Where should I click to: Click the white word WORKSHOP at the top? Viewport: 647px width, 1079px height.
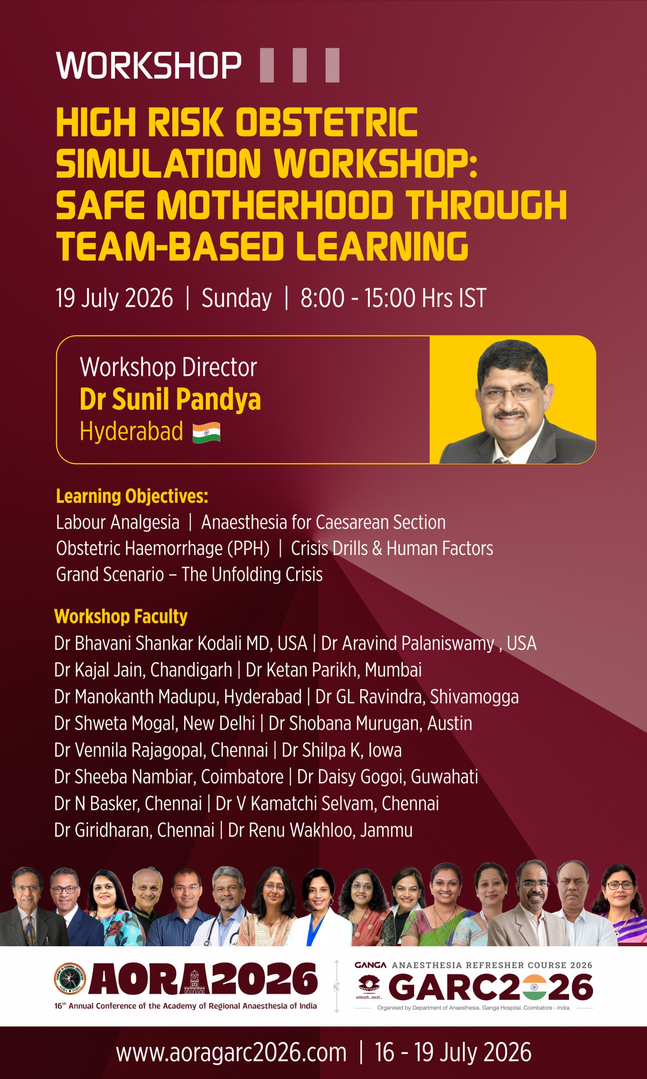pyautogui.click(x=149, y=65)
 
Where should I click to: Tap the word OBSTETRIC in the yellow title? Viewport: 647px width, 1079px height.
pyautogui.click(x=326, y=123)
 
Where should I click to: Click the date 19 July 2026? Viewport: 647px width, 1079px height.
pyautogui.click(x=114, y=298)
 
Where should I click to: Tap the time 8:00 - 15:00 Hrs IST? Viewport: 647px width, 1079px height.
pyautogui.click(x=393, y=298)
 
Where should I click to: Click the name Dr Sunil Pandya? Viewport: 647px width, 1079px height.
pyautogui.click(x=170, y=400)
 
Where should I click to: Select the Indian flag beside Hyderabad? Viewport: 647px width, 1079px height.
pyautogui.click(x=206, y=432)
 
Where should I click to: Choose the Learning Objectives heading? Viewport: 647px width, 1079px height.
pyautogui.click(x=132, y=497)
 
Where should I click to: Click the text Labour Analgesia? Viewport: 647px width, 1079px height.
pyautogui.click(x=118, y=523)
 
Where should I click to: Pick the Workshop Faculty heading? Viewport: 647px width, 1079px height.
pyautogui.click(x=121, y=616)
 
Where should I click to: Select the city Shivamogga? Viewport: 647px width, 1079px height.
pyautogui.click(x=474, y=697)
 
